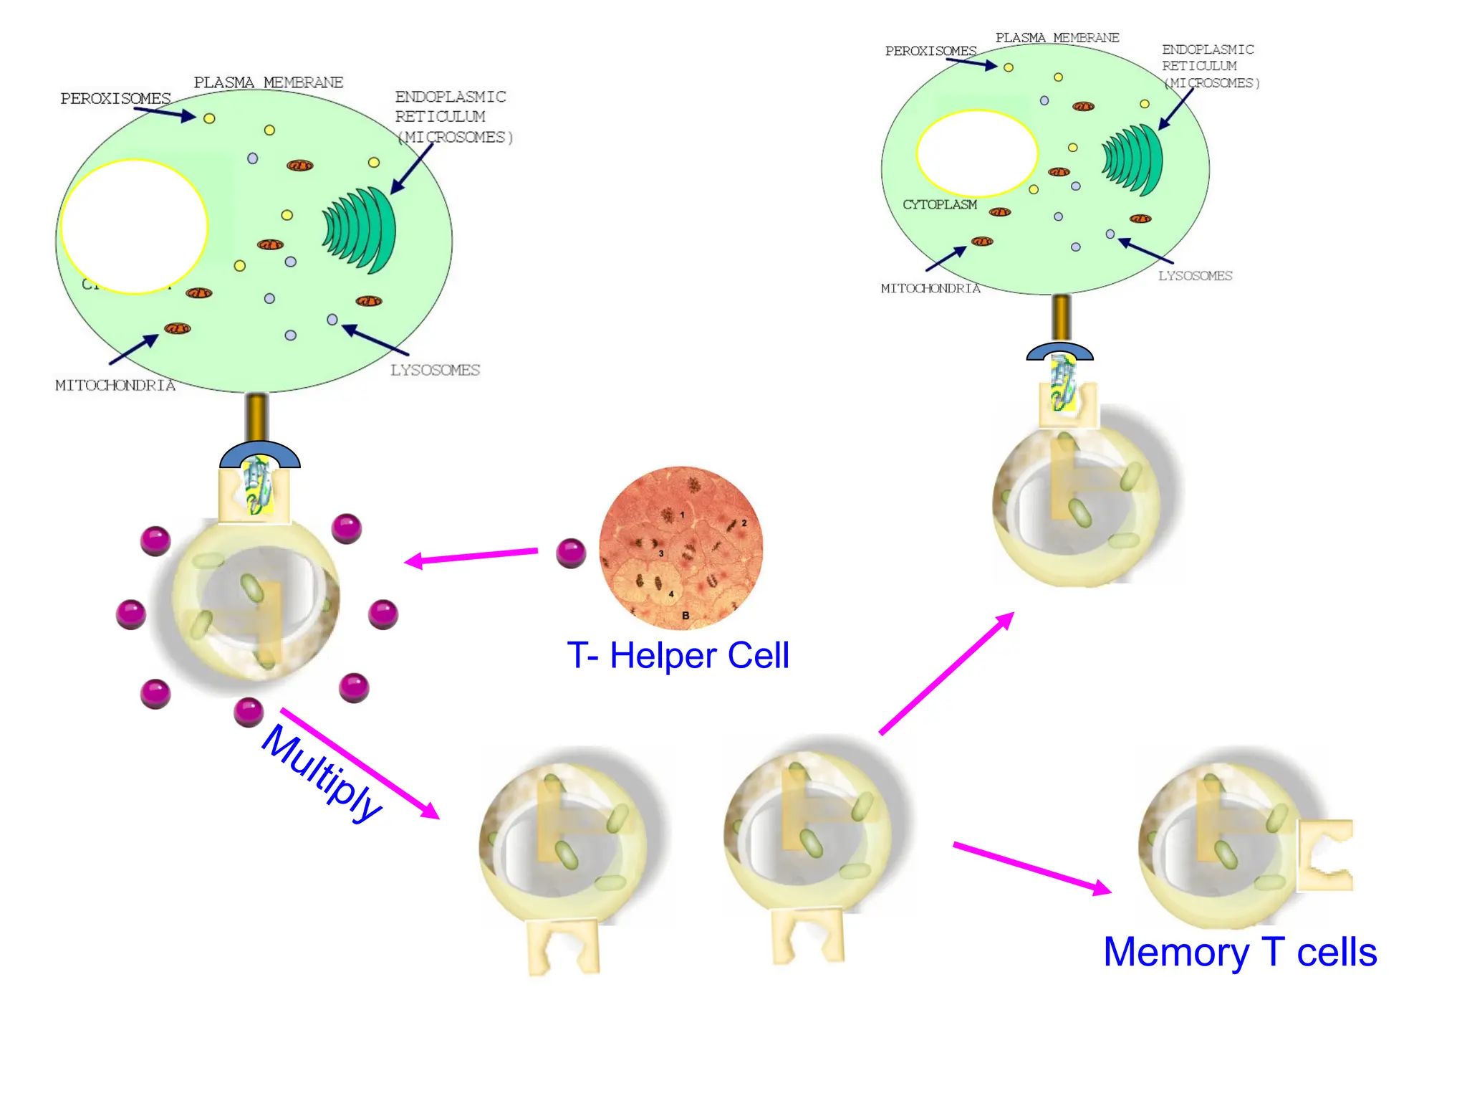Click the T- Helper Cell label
click(678, 655)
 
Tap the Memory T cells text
click(1240, 952)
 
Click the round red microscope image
click(680, 548)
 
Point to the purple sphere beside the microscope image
click(571, 553)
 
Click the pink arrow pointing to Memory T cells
click(1031, 868)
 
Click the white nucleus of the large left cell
click(135, 227)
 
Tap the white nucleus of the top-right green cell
click(976, 153)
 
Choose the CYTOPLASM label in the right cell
click(939, 205)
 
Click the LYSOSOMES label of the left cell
click(435, 370)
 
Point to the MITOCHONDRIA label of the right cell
click(930, 288)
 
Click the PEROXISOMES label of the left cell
click(115, 98)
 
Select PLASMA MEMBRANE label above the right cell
click(1057, 37)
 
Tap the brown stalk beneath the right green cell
click(1061, 317)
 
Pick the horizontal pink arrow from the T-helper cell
click(471, 557)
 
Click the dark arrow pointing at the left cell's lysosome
click(375, 340)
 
